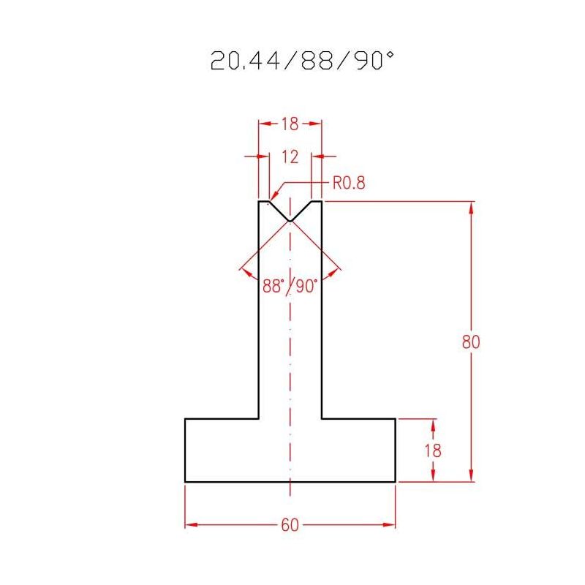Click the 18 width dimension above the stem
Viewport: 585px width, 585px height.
(x=290, y=124)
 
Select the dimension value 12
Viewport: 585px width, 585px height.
(x=290, y=156)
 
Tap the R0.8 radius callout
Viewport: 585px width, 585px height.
(x=348, y=183)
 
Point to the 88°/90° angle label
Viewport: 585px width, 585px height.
(x=290, y=286)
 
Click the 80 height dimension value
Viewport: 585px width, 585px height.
(x=472, y=341)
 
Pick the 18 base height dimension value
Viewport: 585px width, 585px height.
(x=434, y=450)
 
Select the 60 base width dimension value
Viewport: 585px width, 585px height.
(x=290, y=525)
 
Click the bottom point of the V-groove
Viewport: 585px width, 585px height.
(x=290, y=221)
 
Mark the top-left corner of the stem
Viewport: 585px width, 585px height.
(x=259, y=200)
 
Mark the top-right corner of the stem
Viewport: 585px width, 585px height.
(x=322, y=200)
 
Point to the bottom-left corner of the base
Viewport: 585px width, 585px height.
(x=185, y=482)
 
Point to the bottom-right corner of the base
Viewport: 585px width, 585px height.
(x=396, y=482)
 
